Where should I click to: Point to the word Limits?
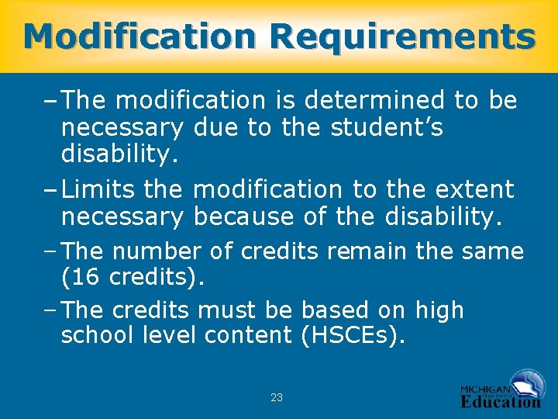98,189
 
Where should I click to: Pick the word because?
244,218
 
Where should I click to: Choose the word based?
337,310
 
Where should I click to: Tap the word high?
439,310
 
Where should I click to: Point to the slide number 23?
277,397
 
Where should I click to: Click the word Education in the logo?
500,401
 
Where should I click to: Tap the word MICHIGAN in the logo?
485,389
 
